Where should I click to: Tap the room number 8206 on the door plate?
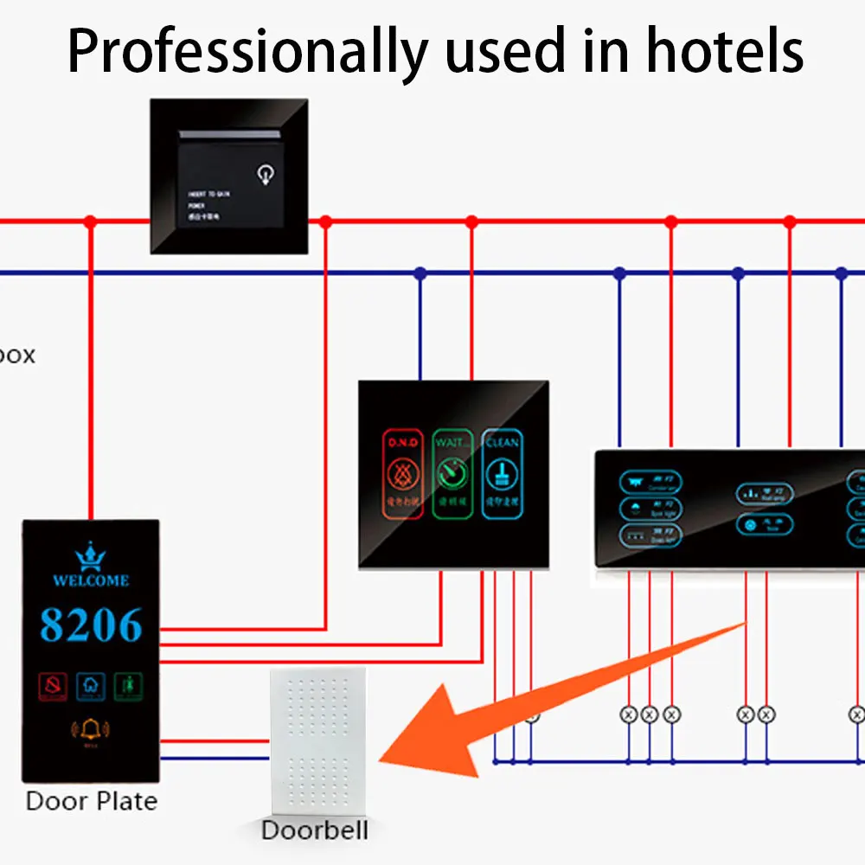click(91, 625)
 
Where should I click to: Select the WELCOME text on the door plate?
click(91, 580)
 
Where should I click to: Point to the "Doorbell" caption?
click(315, 830)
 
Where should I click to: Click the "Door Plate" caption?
click(92, 800)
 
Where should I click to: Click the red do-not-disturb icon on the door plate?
click(54, 687)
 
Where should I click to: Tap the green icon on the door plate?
click(128, 687)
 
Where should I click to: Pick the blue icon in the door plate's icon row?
click(91, 687)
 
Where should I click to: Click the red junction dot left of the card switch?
click(90, 222)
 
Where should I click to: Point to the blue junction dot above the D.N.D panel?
click(420, 273)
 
